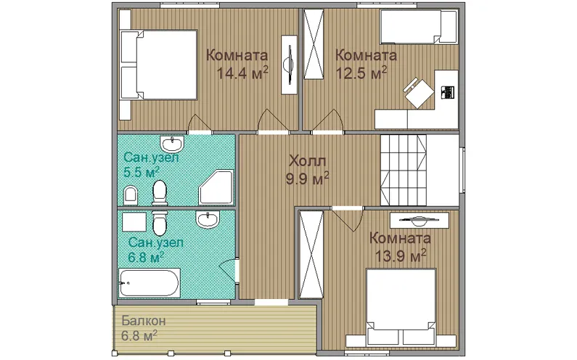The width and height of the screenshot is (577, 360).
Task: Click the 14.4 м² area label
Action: (242, 73)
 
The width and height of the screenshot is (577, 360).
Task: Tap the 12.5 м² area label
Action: (361, 73)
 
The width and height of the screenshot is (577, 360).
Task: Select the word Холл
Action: (308, 161)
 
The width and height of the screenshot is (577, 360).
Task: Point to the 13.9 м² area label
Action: (401, 255)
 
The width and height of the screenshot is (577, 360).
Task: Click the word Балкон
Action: (144, 321)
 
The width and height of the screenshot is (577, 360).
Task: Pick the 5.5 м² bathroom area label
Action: (142, 172)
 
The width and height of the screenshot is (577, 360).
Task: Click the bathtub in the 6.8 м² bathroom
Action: (150, 282)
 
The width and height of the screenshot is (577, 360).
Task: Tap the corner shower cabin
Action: (216, 187)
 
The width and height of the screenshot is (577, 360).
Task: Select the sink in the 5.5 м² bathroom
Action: (172, 144)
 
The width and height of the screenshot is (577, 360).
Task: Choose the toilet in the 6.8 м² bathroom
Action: (160, 223)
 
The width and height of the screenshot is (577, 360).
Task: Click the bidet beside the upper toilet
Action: (130, 195)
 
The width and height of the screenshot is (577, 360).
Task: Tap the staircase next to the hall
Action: (404, 170)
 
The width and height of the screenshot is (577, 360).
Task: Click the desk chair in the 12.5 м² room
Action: (419, 92)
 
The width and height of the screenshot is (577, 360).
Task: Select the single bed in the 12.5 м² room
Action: (419, 27)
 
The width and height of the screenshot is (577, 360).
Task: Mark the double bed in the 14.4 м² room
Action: (159, 65)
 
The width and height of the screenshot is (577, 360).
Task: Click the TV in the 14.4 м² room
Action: (290, 65)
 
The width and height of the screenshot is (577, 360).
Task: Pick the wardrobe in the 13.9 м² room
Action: (311, 254)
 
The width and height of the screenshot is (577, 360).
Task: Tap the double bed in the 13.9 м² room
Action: (401, 307)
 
